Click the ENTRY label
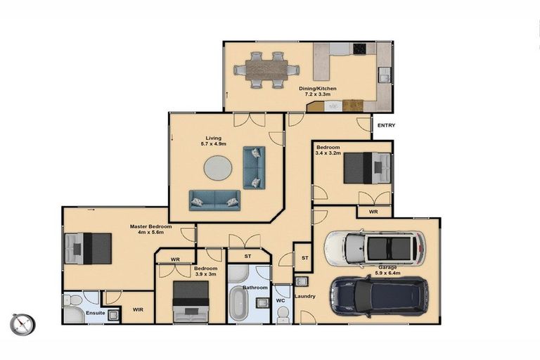point(386,125)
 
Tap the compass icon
point(22,325)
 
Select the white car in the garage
point(375,248)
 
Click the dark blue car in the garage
point(379,296)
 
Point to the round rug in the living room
point(218,168)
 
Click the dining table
point(266,70)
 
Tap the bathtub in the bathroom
point(238,303)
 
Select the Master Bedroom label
point(150,226)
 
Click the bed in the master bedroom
point(88,248)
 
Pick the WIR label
point(138,309)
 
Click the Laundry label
point(305,296)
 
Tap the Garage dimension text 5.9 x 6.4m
point(388,274)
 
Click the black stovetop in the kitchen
point(359,49)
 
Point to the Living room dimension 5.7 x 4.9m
point(214,143)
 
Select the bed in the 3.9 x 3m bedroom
point(191,302)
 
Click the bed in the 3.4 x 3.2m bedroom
point(367,168)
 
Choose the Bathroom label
point(255,288)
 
